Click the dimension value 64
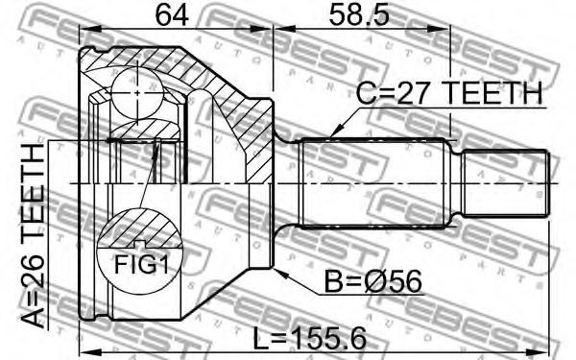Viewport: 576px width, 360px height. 172,15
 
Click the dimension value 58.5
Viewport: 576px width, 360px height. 359,15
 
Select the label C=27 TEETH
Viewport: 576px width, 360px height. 449,93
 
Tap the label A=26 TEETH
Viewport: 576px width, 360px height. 33,235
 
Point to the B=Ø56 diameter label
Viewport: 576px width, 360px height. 373,282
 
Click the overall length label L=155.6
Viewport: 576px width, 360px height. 310,338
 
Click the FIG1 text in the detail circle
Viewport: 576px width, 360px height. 141,265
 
